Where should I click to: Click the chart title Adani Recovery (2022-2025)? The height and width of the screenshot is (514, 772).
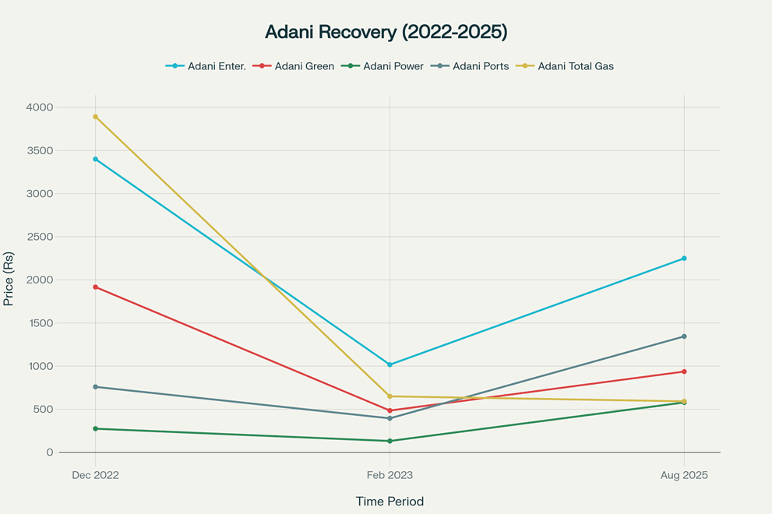point(386,32)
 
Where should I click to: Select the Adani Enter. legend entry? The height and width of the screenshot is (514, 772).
point(206,66)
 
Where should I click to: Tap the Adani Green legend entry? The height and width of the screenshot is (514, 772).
point(294,66)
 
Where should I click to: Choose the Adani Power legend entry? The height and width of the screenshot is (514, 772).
point(382,66)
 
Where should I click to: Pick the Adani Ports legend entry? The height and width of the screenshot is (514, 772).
point(470,66)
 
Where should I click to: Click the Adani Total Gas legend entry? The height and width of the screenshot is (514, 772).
point(565,66)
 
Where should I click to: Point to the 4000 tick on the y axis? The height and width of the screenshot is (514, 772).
point(40,107)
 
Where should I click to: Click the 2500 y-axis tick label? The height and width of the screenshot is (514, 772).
point(40,237)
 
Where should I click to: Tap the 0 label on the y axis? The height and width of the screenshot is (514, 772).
point(50,452)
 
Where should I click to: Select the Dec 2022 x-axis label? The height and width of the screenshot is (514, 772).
point(96,475)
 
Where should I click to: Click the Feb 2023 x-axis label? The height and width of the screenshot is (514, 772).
point(390,475)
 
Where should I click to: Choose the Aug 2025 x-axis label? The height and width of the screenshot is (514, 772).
point(684,475)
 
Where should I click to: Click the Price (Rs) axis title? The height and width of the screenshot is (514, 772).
point(9,279)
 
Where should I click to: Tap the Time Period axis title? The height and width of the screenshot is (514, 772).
point(390,502)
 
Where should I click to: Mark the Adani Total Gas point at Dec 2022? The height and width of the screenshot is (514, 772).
point(96,117)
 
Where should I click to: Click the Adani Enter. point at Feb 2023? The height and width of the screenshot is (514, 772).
point(390,364)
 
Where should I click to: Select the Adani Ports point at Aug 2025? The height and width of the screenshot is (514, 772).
point(684,336)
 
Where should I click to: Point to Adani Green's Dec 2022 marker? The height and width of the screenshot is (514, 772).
point(96,287)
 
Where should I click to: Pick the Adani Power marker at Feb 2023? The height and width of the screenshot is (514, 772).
point(390,441)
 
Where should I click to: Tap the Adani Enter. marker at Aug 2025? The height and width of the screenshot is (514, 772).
point(684,259)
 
